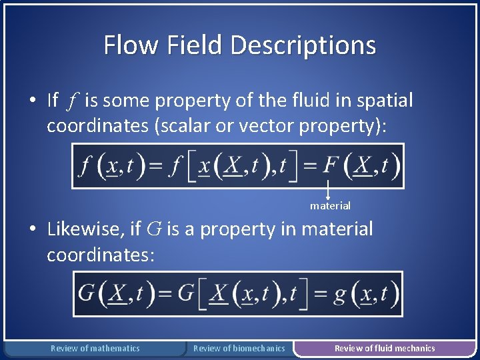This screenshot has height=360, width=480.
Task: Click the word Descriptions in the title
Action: pyautogui.click(x=303, y=45)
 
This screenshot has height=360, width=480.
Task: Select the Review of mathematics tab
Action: pyautogui.click(x=95, y=348)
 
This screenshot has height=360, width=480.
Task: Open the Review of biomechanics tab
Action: pyautogui.click(x=239, y=348)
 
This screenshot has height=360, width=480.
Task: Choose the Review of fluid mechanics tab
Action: pyautogui.click(x=385, y=348)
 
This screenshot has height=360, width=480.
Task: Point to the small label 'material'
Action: pyautogui.click(x=330, y=206)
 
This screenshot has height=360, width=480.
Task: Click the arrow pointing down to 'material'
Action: pyautogui.click(x=329, y=190)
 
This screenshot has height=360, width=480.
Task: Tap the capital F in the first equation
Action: pyautogui.click(x=332, y=166)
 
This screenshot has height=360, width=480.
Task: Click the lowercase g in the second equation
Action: pyautogui.click(x=340, y=293)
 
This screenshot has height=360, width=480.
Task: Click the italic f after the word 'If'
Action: pyautogui.click(x=72, y=101)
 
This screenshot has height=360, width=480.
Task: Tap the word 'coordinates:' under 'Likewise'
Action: pyautogui.click(x=101, y=255)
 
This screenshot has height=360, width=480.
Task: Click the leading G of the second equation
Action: pyautogui.click(x=87, y=293)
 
